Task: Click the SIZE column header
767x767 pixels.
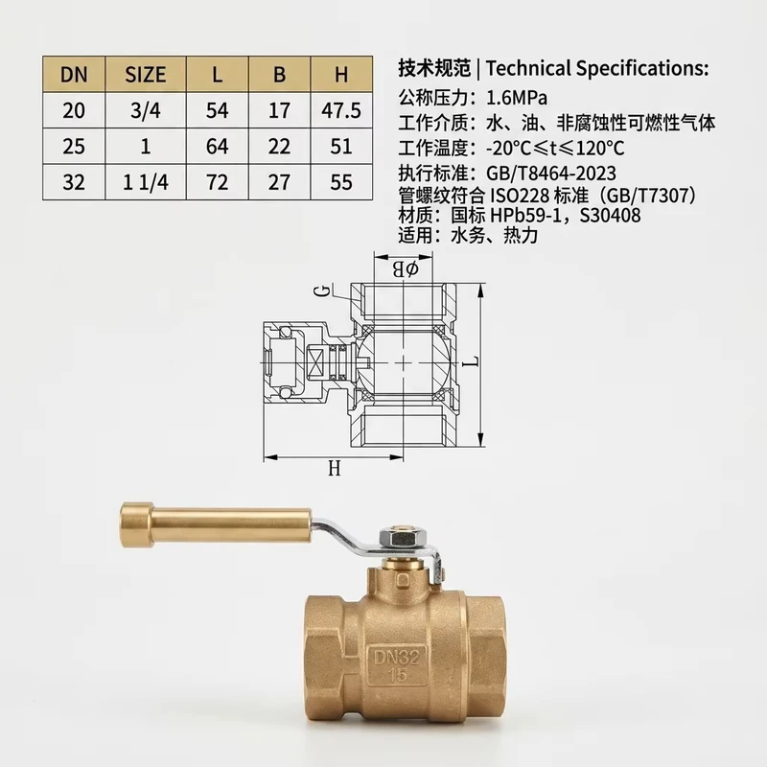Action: point(146,75)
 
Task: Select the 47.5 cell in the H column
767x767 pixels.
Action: point(341,110)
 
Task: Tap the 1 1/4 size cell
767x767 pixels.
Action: point(146,182)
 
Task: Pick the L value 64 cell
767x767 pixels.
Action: point(218,147)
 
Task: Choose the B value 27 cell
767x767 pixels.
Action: point(279,182)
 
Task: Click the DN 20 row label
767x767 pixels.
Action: point(74,110)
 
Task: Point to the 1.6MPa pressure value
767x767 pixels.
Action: point(517,99)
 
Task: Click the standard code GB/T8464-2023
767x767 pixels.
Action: point(551,174)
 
